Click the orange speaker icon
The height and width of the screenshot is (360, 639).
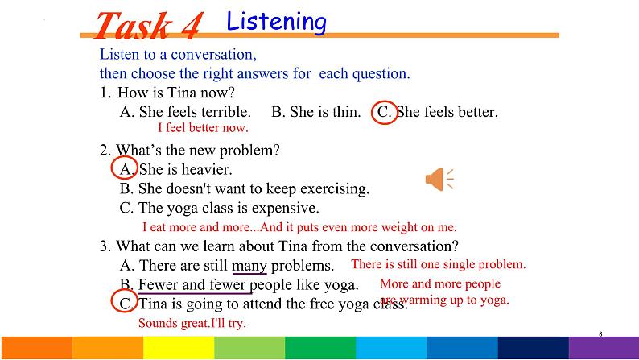[x=439, y=179]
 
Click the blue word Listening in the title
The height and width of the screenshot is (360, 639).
[x=276, y=22]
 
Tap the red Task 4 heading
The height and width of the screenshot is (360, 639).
[x=149, y=26]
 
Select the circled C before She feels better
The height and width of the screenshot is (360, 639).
[x=385, y=112]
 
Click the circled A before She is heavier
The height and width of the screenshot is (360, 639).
[x=124, y=168]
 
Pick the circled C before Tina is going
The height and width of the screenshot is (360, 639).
[x=124, y=301]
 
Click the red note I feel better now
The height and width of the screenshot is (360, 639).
[x=203, y=127]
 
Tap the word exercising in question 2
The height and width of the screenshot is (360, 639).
[x=335, y=189]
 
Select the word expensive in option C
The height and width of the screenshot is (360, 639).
[x=285, y=209]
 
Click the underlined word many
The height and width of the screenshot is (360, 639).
[x=249, y=267]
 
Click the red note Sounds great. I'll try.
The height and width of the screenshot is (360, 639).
[x=192, y=323]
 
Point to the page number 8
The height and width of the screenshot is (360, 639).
[x=600, y=334]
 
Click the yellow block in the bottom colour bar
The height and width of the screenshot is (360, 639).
[x=179, y=348]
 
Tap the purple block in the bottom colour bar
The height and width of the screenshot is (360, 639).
[x=604, y=348]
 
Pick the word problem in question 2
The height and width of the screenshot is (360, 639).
[x=249, y=151]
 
